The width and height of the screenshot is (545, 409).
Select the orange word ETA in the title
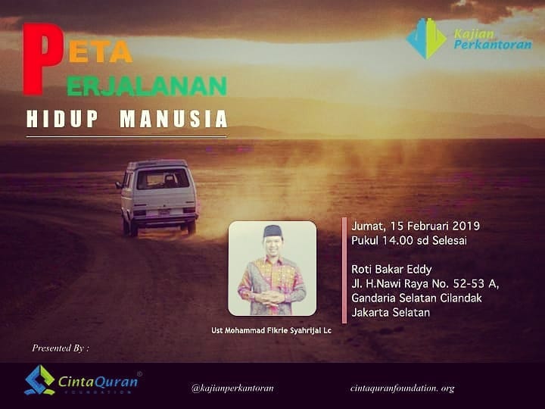(x=101, y=53)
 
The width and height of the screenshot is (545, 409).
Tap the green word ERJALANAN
(x=147, y=86)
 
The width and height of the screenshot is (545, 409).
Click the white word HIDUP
(x=63, y=119)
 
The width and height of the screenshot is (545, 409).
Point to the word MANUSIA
(x=173, y=119)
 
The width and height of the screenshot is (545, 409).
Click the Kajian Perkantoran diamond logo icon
(x=426, y=39)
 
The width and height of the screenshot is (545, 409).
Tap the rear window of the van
(x=163, y=179)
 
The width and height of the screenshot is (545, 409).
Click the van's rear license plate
(x=163, y=212)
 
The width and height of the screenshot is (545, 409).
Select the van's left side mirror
(x=119, y=185)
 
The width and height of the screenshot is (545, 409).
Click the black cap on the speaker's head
(x=272, y=231)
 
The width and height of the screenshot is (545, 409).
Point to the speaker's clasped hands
(x=272, y=298)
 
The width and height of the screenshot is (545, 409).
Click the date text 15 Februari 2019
(x=434, y=226)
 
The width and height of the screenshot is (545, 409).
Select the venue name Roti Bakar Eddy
(x=392, y=270)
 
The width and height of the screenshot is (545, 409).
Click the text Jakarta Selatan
(x=391, y=312)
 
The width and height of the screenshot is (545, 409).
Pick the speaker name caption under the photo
(x=271, y=330)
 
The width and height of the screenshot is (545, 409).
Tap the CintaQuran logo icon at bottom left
(x=39, y=380)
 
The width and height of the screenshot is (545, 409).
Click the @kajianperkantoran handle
(x=232, y=388)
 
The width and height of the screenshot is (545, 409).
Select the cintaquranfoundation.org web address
(x=403, y=388)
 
